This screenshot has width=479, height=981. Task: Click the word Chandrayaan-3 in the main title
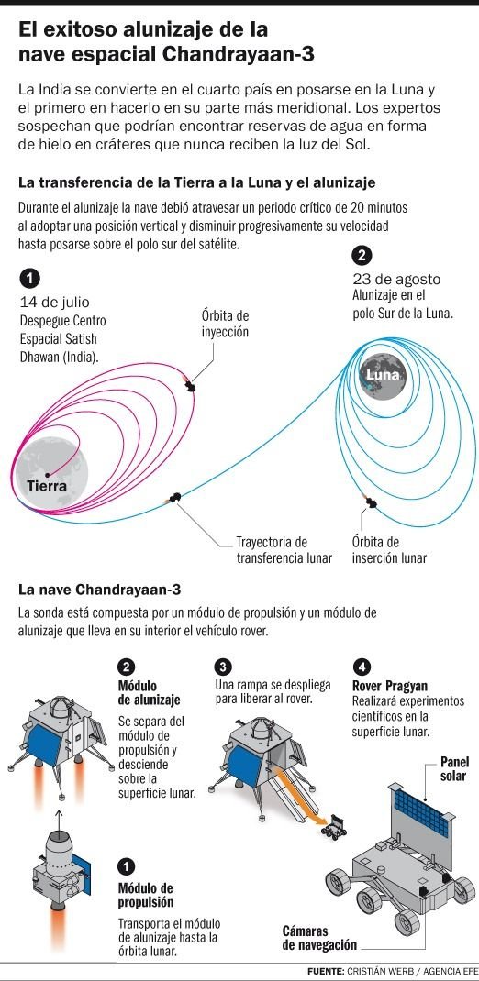pyautogui.click(x=239, y=54)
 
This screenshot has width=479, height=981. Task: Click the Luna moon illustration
pyautogui.click(x=383, y=375)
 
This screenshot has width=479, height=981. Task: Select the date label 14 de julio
pyautogui.click(x=54, y=303)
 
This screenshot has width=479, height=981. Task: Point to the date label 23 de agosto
pyautogui.click(x=396, y=279)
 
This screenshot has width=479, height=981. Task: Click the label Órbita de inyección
pyautogui.click(x=225, y=324)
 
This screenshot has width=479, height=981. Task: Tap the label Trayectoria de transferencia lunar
pyautogui.click(x=284, y=549)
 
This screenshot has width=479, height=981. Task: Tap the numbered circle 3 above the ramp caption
pyautogui.click(x=222, y=667)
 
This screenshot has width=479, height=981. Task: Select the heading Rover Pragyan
pyautogui.click(x=390, y=685)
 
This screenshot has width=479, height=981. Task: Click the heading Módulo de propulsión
pyautogui.click(x=146, y=896)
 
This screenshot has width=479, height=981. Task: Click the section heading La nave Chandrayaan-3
pyautogui.click(x=99, y=590)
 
